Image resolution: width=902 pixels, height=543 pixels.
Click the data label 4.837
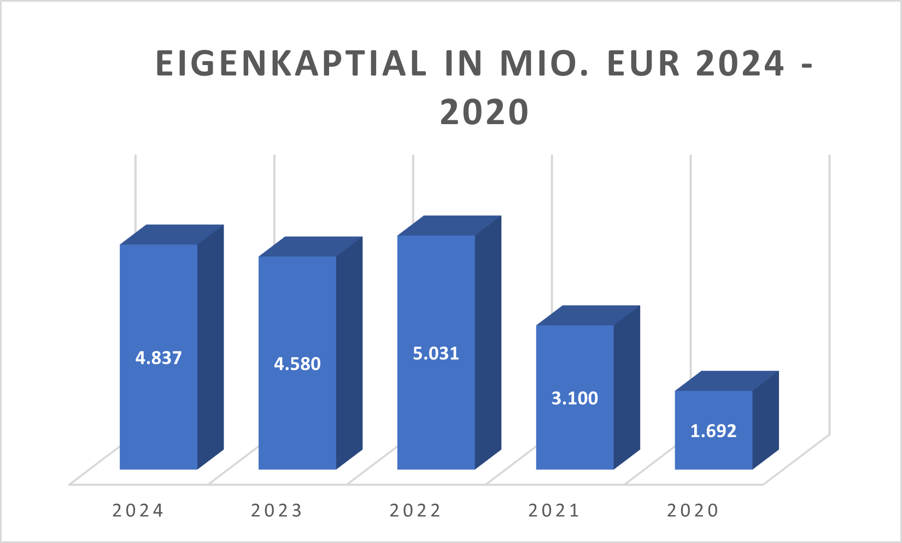coord(159,358)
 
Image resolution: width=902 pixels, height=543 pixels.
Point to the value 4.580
coord(297,364)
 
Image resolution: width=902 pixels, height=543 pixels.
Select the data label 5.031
coord(436,354)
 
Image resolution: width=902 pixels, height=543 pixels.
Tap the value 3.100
coord(575,399)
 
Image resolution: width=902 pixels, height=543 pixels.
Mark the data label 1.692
coord(713,431)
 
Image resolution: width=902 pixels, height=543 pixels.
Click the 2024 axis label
coord(138,511)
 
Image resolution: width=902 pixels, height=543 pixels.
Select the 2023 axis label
coord(277,511)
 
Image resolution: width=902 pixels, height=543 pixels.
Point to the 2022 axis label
coord(415,511)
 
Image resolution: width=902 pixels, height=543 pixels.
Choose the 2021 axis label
coord(554,511)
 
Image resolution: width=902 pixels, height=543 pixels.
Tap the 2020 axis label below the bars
coord(693,511)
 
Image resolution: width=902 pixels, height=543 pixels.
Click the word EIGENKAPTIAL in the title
coord(291,63)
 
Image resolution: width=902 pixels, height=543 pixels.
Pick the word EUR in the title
coord(636,63)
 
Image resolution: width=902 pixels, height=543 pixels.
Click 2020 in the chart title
coord(484,112)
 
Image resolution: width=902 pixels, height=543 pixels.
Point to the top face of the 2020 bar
coord(727,381)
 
